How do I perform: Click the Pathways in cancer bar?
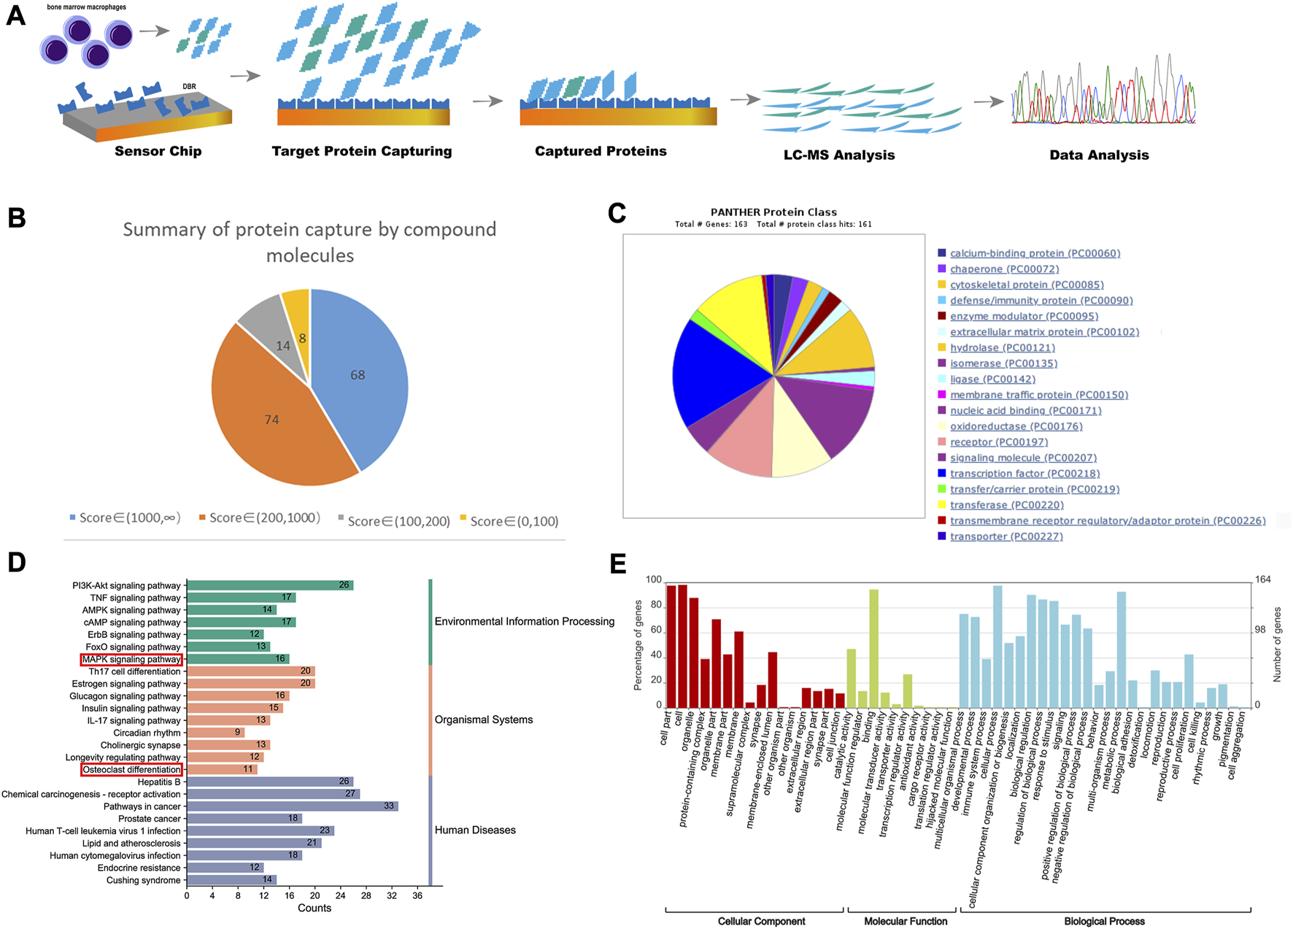[292, 806]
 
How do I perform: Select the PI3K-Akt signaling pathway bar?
[270, 585]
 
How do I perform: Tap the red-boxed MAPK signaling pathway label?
[131, 660]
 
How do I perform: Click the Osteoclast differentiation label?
[131, 770]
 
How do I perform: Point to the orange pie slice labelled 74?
[271, 420]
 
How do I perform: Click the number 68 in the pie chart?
[358, 375]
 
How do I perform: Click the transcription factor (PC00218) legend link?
[1024, 474]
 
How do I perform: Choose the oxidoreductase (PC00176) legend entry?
[1016, 426]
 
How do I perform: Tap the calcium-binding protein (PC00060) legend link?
[1035, 253]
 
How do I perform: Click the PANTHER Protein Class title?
[773, 212]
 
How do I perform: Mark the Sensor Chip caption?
[158, 151]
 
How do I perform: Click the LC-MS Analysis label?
[839, 155]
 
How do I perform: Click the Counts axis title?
[314, 908]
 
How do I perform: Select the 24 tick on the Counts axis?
[341, 895]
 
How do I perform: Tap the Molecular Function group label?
[906, 921]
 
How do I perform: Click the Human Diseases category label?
[475, 830]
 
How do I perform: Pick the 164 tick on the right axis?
[1262, 579]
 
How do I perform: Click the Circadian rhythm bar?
[215, 733]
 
